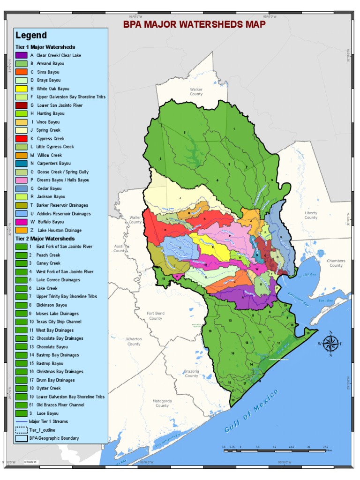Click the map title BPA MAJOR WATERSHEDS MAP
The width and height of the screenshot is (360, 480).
click(x=194, y=24)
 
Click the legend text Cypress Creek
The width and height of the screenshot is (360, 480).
click(x=50, y=139)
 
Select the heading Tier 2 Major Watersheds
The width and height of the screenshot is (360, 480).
click(x=45, y=239)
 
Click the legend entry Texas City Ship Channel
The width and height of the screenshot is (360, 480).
click(x=59, y=322)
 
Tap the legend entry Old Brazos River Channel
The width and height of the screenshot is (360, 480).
click(x=60, y=405)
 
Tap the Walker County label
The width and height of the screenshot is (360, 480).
click(x=196, y=91)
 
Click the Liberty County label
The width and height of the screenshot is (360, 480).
click(x=311, y=215)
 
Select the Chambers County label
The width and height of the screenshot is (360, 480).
click(x=336, y=263)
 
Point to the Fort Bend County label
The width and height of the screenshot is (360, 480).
click(x=156, y=316)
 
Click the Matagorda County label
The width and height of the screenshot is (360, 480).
click(x=162, y=403)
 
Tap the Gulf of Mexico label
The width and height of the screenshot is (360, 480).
click(x=251, y=411)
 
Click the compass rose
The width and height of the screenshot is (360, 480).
click(x=330, y=344)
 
